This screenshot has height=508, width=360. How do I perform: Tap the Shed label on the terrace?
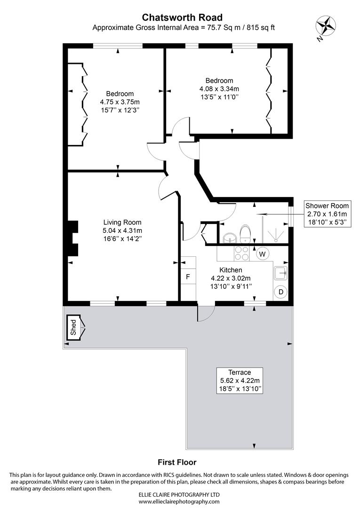point(73,328)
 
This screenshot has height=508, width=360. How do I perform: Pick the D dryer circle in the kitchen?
point(280,292)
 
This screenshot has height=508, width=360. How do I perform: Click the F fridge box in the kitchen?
point(188,277)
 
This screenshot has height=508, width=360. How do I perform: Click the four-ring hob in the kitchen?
point(242,254)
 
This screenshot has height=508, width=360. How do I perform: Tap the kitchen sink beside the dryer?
point(281,272)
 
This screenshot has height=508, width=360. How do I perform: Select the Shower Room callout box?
point(327,214)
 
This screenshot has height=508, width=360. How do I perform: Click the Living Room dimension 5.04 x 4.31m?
point(122,230)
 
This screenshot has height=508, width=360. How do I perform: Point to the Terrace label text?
point(238,372)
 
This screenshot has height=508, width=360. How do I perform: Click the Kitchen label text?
point(231,270)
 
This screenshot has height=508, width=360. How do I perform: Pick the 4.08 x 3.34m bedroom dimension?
point(219,88)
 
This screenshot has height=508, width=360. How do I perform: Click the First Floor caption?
point(177,462)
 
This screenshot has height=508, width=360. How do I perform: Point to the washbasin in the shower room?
point(229,237)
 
